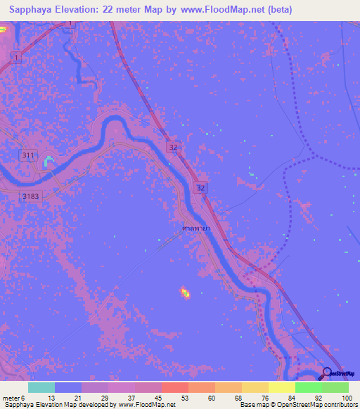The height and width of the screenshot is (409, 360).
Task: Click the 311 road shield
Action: tap(28, 155)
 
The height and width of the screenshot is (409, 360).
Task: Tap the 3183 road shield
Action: tap(30, 197)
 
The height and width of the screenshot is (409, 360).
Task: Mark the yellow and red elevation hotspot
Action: tap(186, 292)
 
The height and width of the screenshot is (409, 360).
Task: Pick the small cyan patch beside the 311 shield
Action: tap(48, 162)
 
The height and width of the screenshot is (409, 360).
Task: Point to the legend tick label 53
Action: tap(184, 397)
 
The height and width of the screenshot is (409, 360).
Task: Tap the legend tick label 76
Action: tap(264, 397)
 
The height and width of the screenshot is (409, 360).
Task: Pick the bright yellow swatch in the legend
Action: tap(281, 387)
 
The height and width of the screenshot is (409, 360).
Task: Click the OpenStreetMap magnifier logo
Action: tap(327, 373)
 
